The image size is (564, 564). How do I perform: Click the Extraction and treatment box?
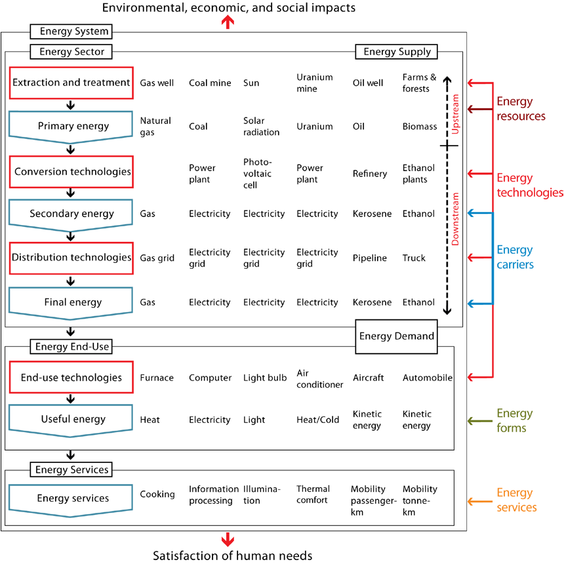(71, 83)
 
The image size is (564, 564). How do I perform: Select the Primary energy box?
(71, 126)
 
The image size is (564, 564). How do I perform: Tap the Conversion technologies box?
(71, 172)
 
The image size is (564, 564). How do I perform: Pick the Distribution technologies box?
(71, 258)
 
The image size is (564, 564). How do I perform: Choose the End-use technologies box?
(71, 377)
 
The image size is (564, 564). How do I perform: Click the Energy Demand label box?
(397, 336)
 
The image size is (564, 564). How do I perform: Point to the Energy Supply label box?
(397, 52)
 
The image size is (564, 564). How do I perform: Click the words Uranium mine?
(315, 83)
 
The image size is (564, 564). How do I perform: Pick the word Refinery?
(370, 174)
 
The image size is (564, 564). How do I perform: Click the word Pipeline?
(370, 258)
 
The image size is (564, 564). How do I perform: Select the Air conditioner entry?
(319, 378)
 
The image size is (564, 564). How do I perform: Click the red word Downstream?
(456, 218)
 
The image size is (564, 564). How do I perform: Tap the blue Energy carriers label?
(515, 257)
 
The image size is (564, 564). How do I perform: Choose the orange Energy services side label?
(517, 500)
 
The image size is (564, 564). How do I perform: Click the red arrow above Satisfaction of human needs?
(228, 539)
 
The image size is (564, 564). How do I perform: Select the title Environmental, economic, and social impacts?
(229, 8)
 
